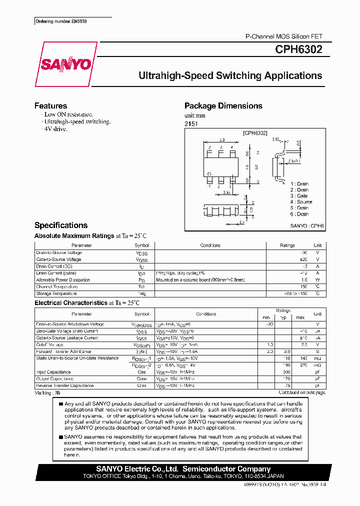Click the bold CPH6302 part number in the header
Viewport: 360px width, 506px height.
point(298,50)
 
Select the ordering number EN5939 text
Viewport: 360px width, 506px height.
point(58,22)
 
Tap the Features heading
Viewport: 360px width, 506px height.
point(50,106)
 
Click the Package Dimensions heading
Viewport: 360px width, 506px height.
point(223,106)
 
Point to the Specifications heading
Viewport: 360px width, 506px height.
point(60,225)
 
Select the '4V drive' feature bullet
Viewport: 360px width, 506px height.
point(55,129)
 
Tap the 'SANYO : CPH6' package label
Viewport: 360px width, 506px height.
point(307,226)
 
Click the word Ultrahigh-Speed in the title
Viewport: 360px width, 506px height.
point(174,76)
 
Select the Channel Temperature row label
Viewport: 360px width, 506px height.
point(57,287)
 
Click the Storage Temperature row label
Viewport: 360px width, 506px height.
point(56,294)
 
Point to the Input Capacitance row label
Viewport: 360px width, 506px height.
point(53,372)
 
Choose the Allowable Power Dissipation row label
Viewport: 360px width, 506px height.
point(63,280)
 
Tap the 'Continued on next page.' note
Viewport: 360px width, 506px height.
point(301,392)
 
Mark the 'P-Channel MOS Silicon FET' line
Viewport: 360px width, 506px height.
point(283,36)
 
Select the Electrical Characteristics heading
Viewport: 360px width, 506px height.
point(70,303)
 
